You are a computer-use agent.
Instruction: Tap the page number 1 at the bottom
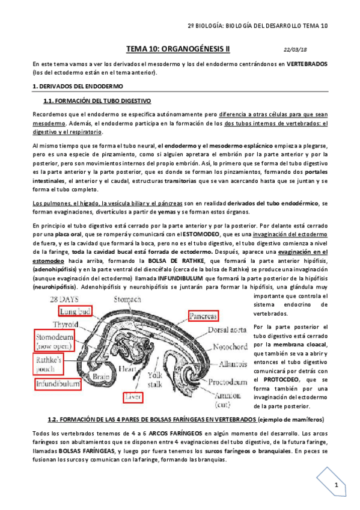tap(338, 485)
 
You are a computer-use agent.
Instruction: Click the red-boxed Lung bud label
tap(76, 310)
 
